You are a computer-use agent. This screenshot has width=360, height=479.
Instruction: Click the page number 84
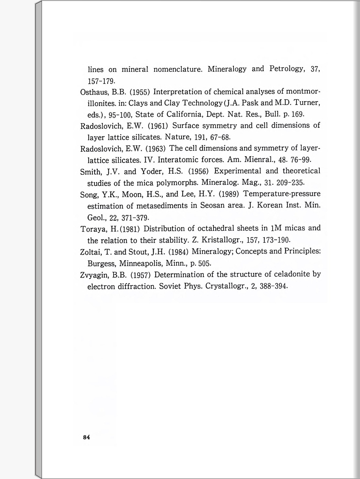pyautogui.click(x=86, y=437)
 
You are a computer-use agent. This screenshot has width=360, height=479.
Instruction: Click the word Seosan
pyautogui.click(x=212, y=206)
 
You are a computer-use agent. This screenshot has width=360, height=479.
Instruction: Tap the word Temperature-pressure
pyautogui.click(x=281, y=194)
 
